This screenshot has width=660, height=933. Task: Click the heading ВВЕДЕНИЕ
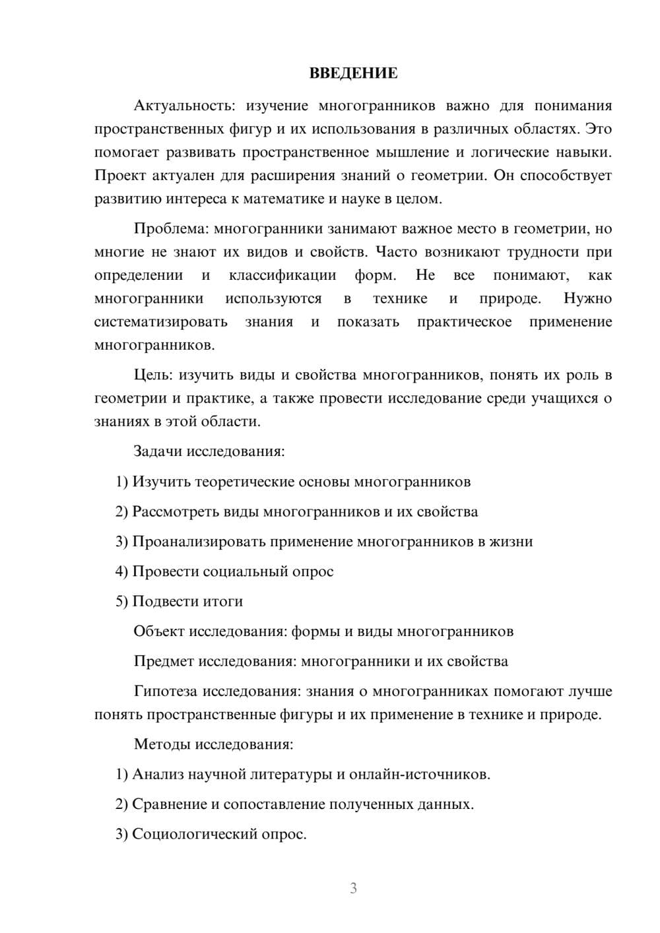[x=353, y=73]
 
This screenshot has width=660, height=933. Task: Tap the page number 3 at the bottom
[x=353, y=888]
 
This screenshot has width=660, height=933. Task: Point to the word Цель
[x=152, y=375]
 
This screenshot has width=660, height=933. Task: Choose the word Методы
[x=161, y=744]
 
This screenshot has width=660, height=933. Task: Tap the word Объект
[x=159, y=631]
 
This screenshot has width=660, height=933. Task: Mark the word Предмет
[x=164, y=661]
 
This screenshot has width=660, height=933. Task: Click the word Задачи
[x=158, y=452]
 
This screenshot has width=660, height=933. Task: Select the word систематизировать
[x=161, y=322]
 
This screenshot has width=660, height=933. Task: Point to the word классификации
[x=282, y=275]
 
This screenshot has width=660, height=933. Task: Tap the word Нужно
[x=587, y=298]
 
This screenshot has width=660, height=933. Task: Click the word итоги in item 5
[x=223, y=602]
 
